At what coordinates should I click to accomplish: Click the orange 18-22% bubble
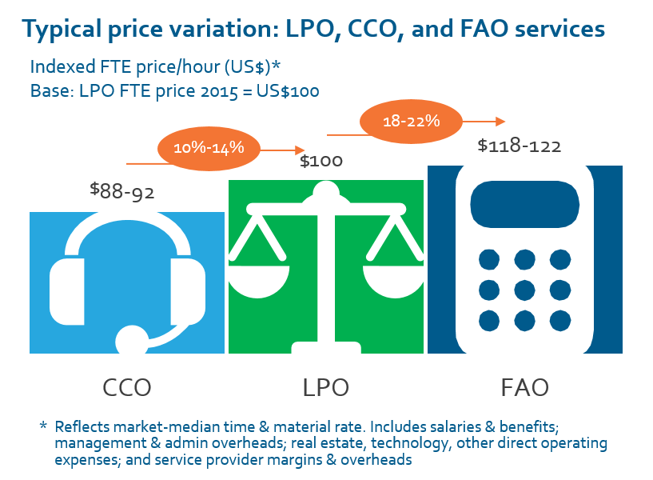(412, 122)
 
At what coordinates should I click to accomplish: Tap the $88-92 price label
(122, 191)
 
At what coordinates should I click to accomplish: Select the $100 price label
(321, 161)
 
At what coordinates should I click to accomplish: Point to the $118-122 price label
(519, 146)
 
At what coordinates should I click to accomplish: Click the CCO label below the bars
(127, 387)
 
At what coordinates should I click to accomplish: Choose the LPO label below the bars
(325, 387)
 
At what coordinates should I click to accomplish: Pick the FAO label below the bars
(524, 387)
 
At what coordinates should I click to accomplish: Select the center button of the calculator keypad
(524, 290)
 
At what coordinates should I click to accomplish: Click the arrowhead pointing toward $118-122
(500, 122)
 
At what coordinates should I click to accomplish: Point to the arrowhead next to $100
(301, 150)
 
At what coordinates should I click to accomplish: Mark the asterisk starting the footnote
(43, 424)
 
